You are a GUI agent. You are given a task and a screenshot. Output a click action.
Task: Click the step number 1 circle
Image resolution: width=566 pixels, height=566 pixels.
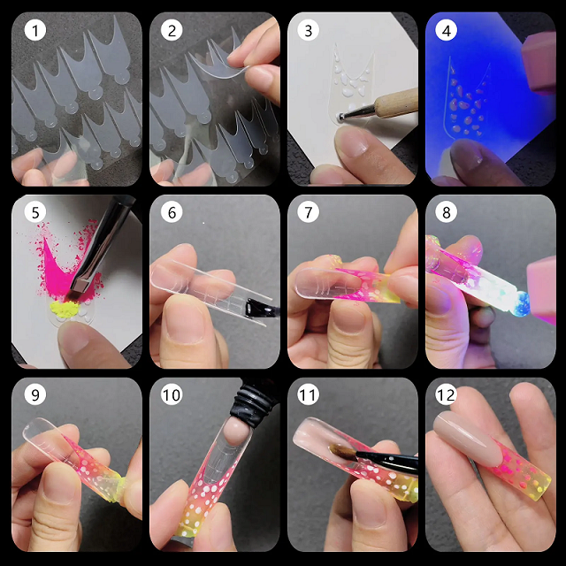(x=34, y=33)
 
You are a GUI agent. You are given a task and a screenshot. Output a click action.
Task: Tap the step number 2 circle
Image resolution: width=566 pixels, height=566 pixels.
(x=172, y=33)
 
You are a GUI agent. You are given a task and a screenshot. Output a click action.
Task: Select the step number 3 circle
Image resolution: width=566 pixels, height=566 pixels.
(x=309, y=33)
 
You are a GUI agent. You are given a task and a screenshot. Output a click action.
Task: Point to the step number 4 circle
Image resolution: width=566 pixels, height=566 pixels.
(x=447, y=33)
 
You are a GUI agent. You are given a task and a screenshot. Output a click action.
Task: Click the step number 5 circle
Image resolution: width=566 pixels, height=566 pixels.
(x=34, y=213)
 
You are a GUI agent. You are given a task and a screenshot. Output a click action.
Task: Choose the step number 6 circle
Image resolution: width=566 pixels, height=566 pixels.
(x=172, y=213)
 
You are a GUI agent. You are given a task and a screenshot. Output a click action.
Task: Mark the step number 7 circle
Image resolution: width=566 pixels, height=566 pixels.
(x=309, y=213)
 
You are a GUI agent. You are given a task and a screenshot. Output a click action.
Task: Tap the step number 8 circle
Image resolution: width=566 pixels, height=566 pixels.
(x=447, y=213)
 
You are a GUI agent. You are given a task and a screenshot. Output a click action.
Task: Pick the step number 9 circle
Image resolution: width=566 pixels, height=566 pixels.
(x=34, y=395)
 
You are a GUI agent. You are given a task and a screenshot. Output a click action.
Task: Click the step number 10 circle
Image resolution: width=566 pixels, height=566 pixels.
(x=172, y=395)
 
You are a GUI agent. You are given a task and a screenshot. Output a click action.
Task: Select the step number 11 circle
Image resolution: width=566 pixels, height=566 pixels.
(x=309, y=395)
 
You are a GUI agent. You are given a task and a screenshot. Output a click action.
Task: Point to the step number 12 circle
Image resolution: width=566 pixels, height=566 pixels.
(x=447, y=395)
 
